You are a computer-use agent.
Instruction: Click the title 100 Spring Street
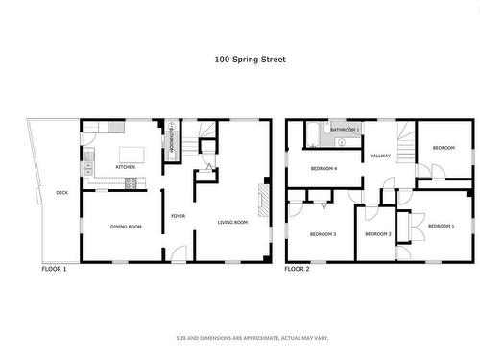tap(249, 59)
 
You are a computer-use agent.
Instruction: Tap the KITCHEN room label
tap(125, 167)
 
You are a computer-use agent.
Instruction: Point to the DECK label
tap(61, 193)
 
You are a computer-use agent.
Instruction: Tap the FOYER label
tap(178, 216)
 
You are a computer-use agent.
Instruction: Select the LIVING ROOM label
tap(232, 222)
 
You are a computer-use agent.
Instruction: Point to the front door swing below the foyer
tap(179, 254)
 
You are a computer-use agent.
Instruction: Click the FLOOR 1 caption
tap(54, 269)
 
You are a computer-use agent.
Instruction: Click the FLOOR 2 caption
tap(297, 269)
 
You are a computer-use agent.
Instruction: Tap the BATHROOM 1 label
tap(345, 129)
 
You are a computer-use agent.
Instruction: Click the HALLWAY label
tap(380, 155)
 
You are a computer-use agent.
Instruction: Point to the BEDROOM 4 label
tap(324, 168)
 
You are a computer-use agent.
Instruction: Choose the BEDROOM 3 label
tap(322, 233)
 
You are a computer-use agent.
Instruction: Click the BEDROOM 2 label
tap(378, 233)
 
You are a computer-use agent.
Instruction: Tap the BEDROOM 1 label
tap(441, 225)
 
